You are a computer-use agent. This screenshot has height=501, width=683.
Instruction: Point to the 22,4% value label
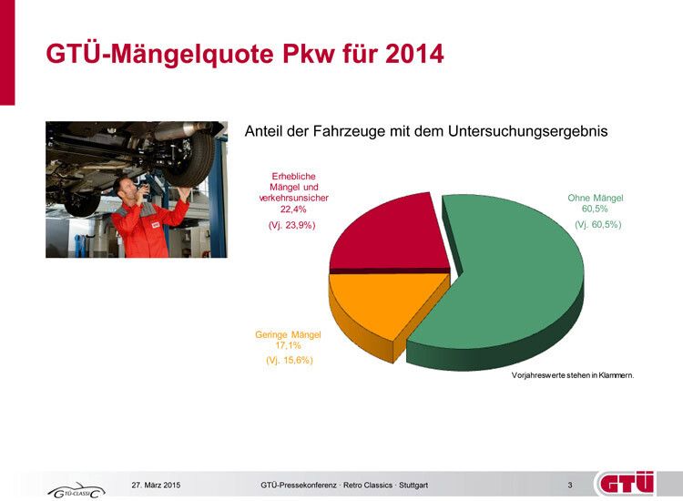pos(292,209)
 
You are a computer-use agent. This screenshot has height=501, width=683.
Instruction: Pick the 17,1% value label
pos(288,346)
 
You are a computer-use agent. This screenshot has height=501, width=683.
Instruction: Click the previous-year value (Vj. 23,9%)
pos(292,225)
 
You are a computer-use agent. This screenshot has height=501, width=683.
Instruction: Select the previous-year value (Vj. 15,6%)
pos(289,361)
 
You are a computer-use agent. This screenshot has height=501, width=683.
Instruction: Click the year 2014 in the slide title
pos(412,55)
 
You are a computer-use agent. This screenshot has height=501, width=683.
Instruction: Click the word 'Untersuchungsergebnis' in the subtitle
pos(528,132)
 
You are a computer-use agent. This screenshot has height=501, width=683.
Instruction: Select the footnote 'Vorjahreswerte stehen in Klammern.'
pos(572,375)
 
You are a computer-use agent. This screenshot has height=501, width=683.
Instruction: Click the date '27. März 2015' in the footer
pos(157,485)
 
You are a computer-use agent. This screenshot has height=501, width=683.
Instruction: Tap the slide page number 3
pos(569,485)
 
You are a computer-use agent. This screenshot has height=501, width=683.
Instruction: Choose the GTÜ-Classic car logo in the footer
pos(76,491)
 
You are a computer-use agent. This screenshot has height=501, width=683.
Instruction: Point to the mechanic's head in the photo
pos(124,187)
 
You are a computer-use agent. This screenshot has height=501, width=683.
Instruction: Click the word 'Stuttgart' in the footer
pos(412,485)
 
